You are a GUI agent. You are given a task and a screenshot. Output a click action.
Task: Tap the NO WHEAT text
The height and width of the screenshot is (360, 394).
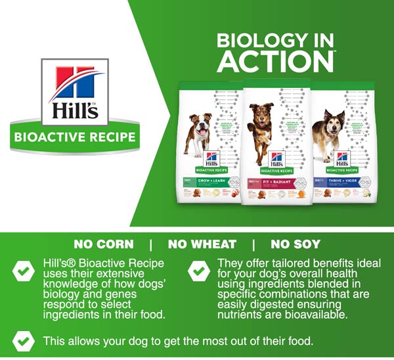pos(202,244)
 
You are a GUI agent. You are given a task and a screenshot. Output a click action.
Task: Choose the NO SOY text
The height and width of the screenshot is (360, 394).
pos(295,244)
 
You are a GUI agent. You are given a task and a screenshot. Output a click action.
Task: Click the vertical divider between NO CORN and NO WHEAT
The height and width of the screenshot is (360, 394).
pos(151,244)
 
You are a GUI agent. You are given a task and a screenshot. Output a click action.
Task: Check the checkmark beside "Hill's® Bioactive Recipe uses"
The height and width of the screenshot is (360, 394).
pos(24,270)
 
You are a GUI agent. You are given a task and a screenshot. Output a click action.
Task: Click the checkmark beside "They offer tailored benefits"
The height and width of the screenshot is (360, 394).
pos(197,270)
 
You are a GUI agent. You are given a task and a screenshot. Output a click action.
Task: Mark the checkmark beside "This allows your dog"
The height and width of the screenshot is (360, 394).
pos(24,340)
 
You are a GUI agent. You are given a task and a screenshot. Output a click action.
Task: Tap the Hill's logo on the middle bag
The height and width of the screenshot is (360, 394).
pos(276,158)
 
